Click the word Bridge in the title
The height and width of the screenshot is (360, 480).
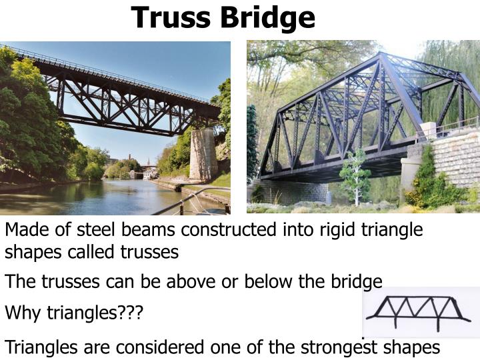pos(270,17)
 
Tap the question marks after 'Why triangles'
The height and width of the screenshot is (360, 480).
pos(129,312)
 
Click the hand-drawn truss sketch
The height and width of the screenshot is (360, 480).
pos(421,311)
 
